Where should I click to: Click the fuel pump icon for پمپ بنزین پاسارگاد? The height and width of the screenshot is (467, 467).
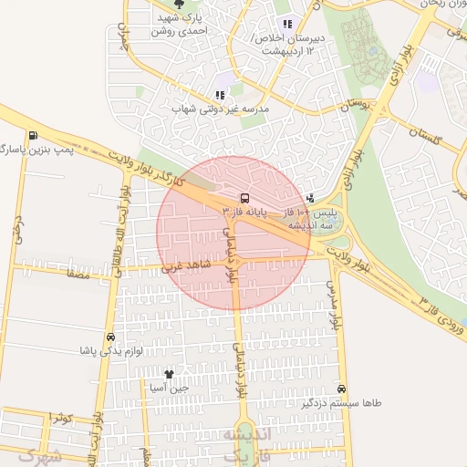pyautogui.click(x=34, y=136)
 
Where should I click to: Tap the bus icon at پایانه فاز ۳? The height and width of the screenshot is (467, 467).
pyautogui.click(x=244, y=197)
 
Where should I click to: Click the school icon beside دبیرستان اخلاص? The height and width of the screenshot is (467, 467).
pyautogui.click(x=288, y=25)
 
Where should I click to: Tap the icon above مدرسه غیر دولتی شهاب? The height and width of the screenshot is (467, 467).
pyautogui.click(x=220, y=94)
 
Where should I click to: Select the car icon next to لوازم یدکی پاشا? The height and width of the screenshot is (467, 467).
pyautogui.click(x=110, y=337)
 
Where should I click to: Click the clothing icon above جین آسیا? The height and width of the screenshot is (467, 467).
pyautogui.click(x=169, y=374)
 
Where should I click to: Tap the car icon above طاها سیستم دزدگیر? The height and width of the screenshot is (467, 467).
pyautogui.click(x=341, y=387)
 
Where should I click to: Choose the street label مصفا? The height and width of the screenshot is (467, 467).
pyautogui.click(x=78, y=272)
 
